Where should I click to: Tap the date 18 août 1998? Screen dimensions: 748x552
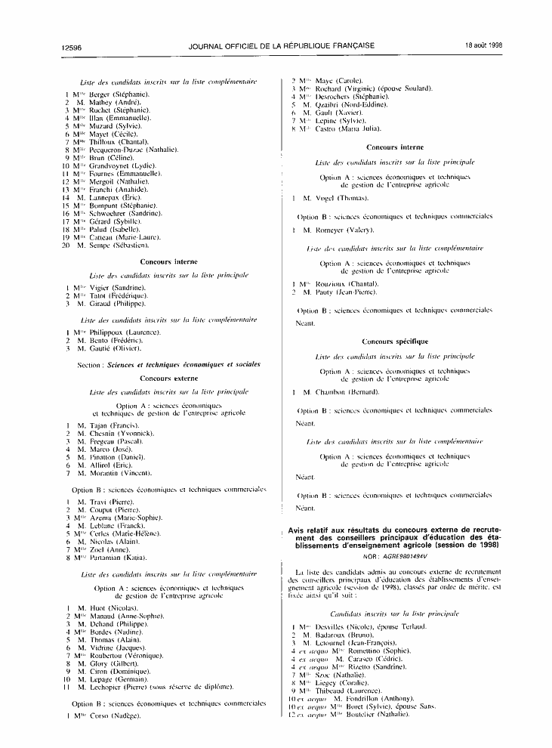484,46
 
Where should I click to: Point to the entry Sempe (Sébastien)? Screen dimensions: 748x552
120,246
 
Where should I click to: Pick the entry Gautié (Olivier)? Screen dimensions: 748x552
116,349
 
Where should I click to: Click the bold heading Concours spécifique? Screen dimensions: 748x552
395,342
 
